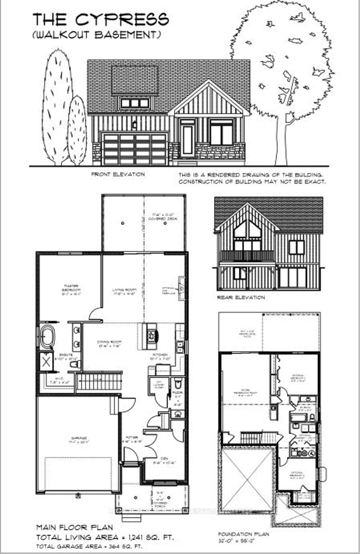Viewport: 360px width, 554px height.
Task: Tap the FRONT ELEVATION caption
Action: [x=118, y=174]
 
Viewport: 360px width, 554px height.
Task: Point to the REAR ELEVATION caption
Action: [x=241, y=297]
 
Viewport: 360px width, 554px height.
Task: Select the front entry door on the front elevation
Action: [x=187, y=141]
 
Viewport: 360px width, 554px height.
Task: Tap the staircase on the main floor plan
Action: [x=99, y=382]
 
